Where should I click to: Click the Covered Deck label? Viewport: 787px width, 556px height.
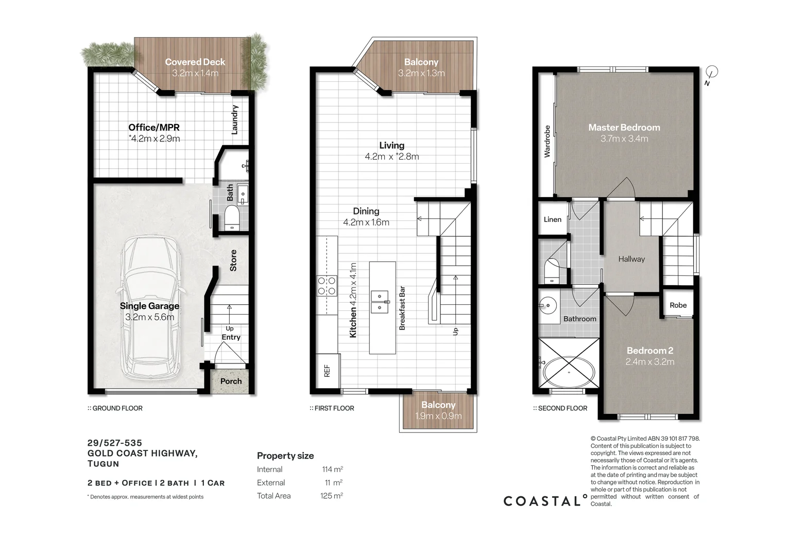click(195, 62)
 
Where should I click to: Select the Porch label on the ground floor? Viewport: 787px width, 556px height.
click(231, 381)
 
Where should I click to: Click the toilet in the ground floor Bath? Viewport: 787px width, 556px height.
click(232, 218)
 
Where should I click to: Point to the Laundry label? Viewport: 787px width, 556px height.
click(234, 120)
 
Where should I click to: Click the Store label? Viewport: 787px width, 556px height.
click(233, 260)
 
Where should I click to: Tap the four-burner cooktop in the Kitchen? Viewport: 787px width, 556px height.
click(327, 286)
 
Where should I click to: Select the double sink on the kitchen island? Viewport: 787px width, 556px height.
click(380, 302)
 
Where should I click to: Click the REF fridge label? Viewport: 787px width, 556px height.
click(327, 371)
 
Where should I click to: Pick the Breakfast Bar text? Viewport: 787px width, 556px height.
click(402, 308)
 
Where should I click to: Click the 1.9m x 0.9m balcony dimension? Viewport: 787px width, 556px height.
click(438, 416)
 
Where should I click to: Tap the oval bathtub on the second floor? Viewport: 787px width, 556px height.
click(569, 372)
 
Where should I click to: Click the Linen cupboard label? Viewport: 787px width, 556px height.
click(553, 219)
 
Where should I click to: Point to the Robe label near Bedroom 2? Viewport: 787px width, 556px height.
click(678, 305)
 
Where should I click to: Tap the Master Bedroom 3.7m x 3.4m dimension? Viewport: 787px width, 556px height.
click(624, 138)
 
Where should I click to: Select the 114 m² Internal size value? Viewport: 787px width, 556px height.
click(332, 469)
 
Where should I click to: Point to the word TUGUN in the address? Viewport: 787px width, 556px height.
click(104, 464)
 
